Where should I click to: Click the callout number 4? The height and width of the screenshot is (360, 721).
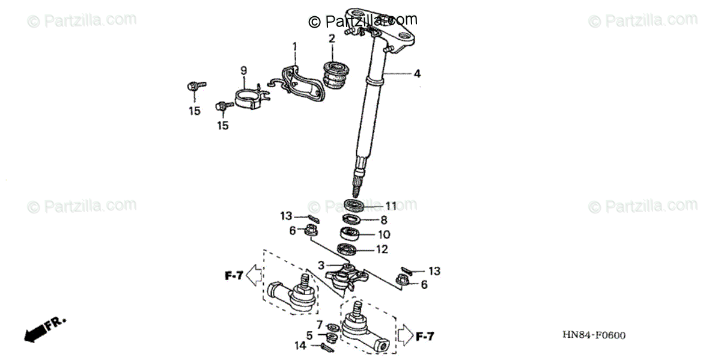coord(417,75)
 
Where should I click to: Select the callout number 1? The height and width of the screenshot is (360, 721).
coord(295,46)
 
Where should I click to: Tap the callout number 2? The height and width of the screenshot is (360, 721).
coord(331,39)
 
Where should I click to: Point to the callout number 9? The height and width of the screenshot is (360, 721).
coord(244,71)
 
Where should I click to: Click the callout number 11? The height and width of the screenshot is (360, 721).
coord(391,206)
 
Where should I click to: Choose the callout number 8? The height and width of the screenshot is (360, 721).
coord(384,220)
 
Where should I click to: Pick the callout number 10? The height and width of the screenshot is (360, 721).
coord(385,234)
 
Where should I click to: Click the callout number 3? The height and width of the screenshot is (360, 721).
coord(322,265)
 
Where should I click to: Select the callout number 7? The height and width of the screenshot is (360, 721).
coord(320,325)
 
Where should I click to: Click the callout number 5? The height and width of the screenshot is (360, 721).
coord(309,335)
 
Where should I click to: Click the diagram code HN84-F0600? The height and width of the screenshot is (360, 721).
coord(593,335)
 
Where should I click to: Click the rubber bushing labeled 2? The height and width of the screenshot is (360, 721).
coord(336,75)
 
